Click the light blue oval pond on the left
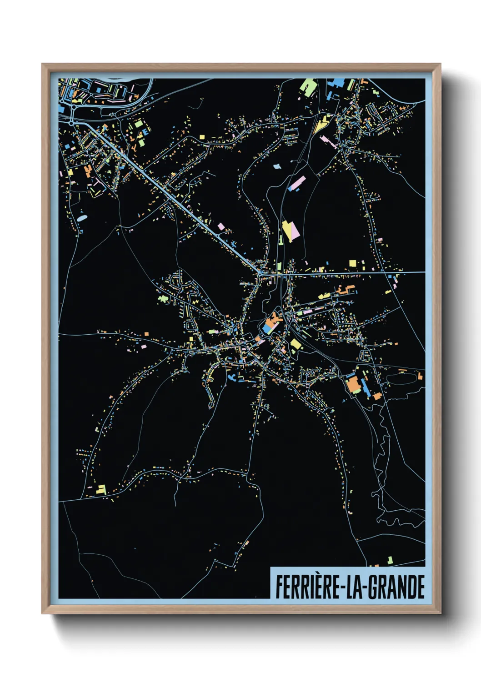[82, 218]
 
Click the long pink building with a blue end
[296, 184]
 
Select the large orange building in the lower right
[353, 384]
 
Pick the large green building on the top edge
[309, 87]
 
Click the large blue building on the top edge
[337, 83]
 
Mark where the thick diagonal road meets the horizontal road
[260, 273]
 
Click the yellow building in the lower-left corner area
[101, 489]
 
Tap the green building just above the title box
[390, 560]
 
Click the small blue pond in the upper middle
[277, 166]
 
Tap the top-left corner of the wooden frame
[43, 65]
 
